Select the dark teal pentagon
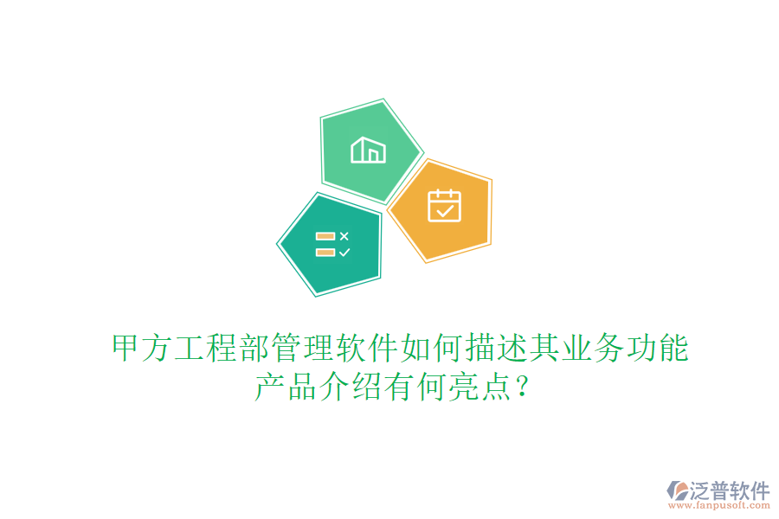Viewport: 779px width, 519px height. coord(331,244)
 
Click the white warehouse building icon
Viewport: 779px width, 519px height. coord(368,150)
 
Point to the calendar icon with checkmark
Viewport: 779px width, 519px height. coord(445,206)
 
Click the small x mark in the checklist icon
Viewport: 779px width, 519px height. coord(344,235)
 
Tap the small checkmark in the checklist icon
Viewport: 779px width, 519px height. coord(344,253)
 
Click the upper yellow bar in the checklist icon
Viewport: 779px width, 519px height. coord(325,235)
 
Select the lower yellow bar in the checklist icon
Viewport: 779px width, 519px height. coord(325,253)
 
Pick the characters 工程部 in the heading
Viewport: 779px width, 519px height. coord(222,349)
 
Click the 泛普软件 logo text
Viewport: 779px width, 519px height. coord(729,490)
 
